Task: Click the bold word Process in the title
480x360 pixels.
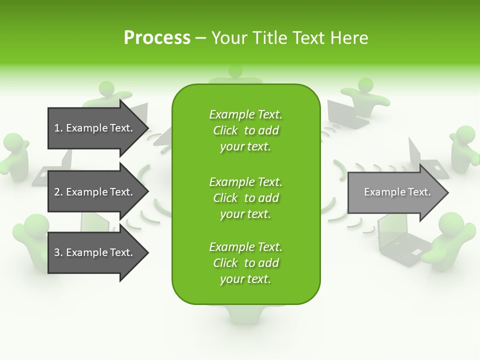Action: (x=157, y=37)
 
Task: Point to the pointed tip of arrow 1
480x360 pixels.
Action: (x=146, y=128)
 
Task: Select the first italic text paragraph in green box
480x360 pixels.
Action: (x=245, y=130)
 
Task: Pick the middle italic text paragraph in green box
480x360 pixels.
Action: (x=245, y=197)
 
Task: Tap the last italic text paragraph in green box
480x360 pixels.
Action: (x=245, y=263)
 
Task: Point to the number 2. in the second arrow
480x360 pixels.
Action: (x=58, y=192)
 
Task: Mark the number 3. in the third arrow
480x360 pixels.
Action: (x=58, y=252)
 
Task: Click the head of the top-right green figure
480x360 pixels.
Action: (x=365, y=85)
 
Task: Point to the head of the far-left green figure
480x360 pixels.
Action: (x=12, y=142)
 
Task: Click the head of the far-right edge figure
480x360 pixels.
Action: (x=465, y=134)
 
